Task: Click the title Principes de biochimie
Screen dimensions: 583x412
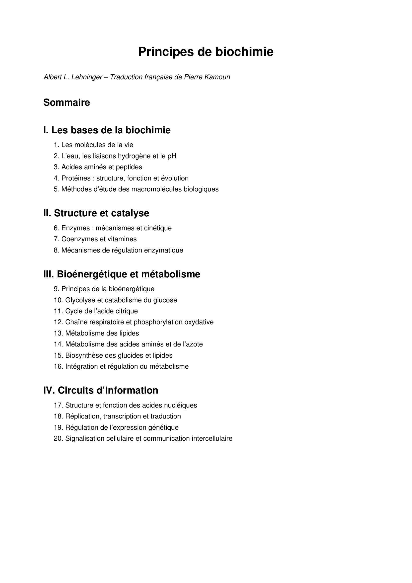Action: coord(206,52)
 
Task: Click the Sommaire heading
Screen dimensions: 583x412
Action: coord(67,103)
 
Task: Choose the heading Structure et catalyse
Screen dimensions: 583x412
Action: coord(101,213)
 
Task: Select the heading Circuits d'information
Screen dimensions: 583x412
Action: coord(108,390)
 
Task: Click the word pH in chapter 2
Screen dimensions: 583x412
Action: coord(172,156)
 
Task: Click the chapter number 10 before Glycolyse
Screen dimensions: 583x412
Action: coord(58,300)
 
